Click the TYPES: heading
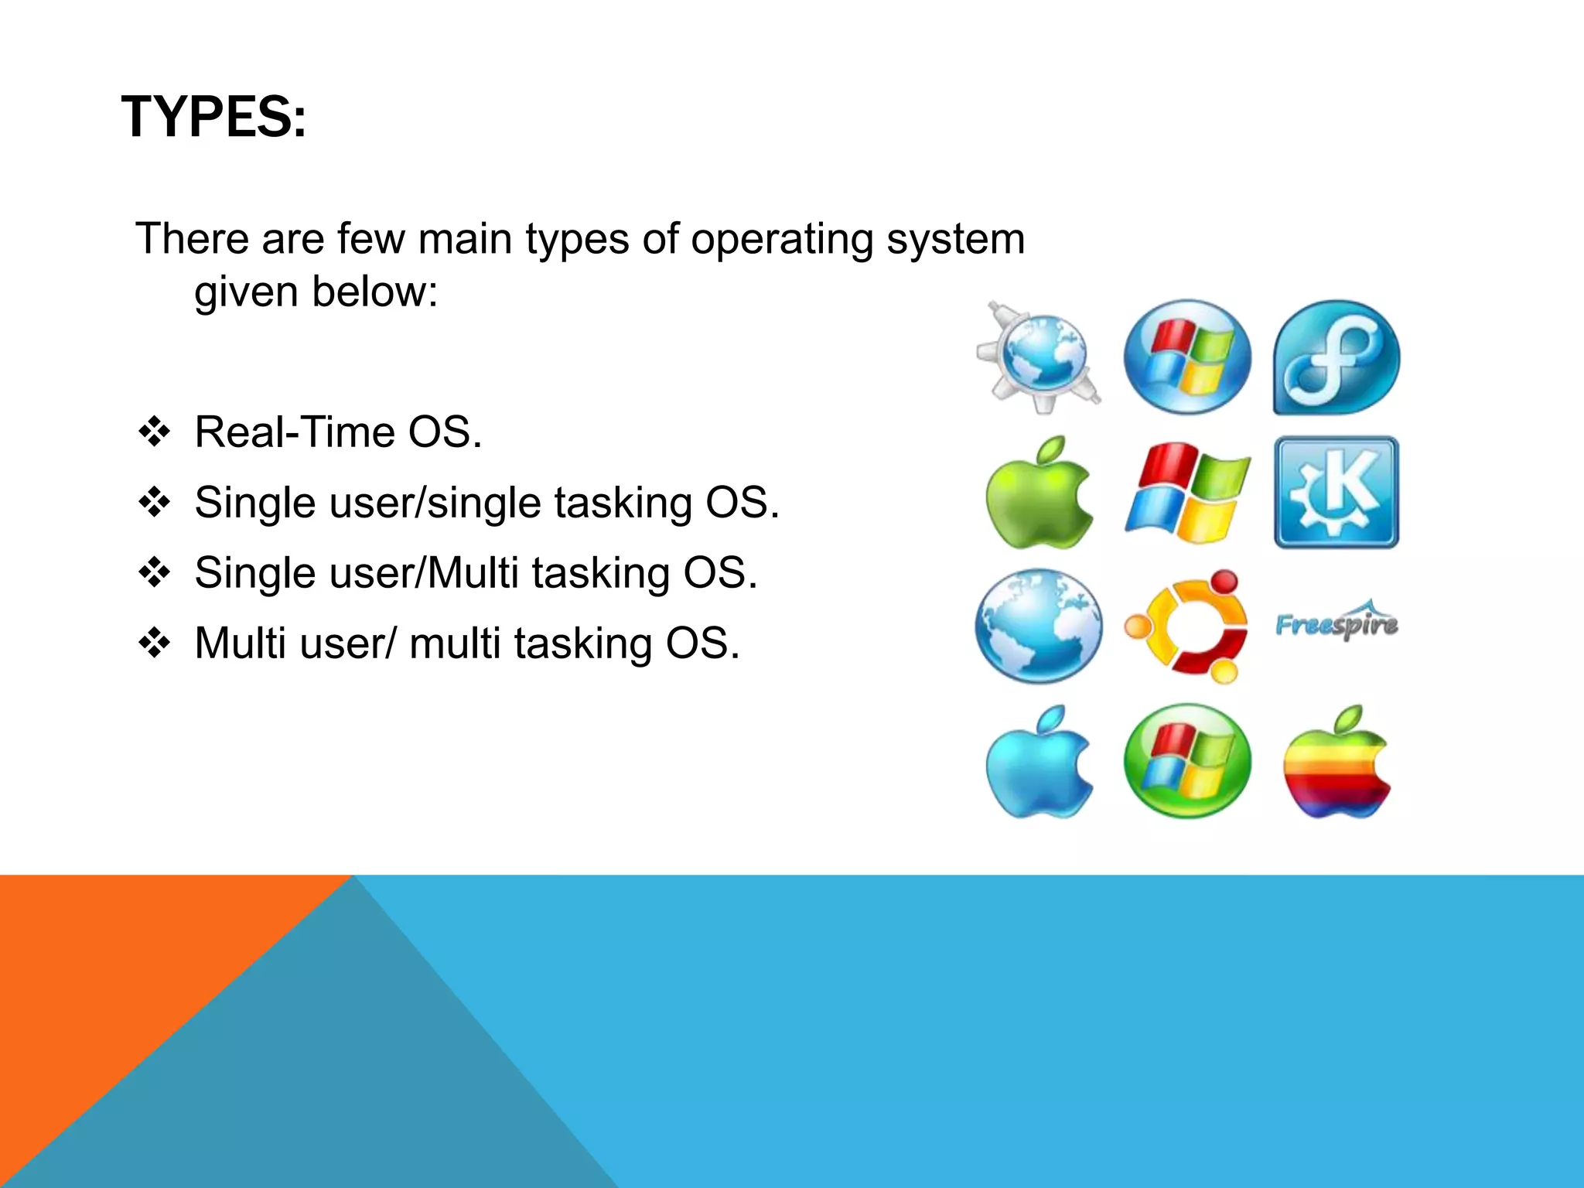[x=213, y=118]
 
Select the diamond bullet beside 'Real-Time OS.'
[x=154, y=432]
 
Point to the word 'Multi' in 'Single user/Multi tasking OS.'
[x=472, y=573]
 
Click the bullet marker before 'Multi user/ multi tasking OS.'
[x=154, y=643]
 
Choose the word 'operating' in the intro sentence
[x=781, y=238]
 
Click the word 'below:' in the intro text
[x=374, y=292]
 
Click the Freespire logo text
[x=1336, y=622]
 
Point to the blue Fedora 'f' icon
[x=1336, y=357]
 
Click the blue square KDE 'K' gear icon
[x=1336, y=493]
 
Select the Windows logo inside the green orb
[x=1186, y=761]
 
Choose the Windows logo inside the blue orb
[x=1186, y=357]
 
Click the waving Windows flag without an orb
[x=1186, y=493]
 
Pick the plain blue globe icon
[x=1039, y=626]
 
